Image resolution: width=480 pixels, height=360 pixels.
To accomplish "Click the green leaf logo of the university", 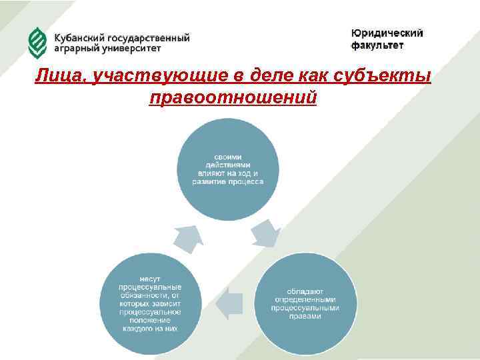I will [x=37, y=43].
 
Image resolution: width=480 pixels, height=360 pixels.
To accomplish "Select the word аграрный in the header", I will [x=75, y=49].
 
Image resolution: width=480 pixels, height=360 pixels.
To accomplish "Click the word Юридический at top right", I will [x=387, y=33].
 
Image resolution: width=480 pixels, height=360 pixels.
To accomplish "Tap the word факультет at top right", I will [x=377, y=46].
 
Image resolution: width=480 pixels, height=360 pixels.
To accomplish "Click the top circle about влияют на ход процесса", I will [x=227, y=168].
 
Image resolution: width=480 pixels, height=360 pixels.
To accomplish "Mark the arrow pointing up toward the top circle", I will [x=188, y=239].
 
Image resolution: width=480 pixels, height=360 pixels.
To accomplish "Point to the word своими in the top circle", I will [x=227, y=156].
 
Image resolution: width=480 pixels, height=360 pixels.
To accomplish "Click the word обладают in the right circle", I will [x=305, y=291].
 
